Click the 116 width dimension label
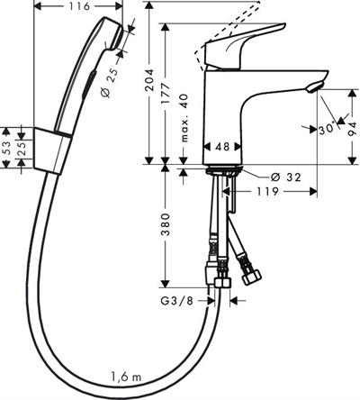(x=78, y=6)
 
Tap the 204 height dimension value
(x=149, y=80)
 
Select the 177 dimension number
(x=166, y=93)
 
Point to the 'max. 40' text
(x=184, y=118)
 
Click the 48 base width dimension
(x=222, y=146)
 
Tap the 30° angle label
(x=327, y=129)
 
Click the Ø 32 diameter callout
(x=285, y=177)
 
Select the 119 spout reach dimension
(x=267, y=191)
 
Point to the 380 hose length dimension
(x=166, y=224)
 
